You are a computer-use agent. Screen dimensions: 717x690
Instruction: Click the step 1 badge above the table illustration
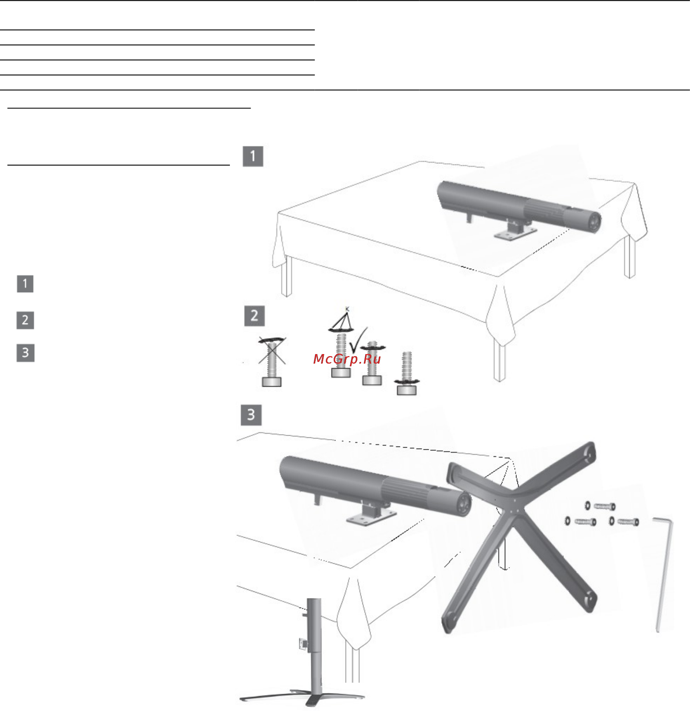pyautogui.click(x=253, y=157)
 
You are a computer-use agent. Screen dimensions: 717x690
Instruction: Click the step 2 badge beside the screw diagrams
pyautogui.click(x=254, y=316)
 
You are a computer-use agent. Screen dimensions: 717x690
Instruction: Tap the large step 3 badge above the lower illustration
pyautogui.click(x=251, y=415)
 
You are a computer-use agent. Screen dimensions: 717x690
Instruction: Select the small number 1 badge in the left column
pyautogui.click(x=25, y=284)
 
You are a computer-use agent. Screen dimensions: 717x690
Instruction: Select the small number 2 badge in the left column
pyautogui.click(x=25, y=321)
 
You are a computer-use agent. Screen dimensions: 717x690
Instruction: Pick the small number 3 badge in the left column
pyautogui.click(x=25, y=353)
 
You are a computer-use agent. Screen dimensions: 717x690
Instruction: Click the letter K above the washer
pyautogui.click(x=347, y=309)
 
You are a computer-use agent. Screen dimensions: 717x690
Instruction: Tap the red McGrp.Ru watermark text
pyautogui.click(x=347, y=359)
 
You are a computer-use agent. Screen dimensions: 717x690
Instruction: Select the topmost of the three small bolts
pyautogui.click(x=604, y=506)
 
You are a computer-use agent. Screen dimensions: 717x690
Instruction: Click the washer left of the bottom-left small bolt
pyautogui.click(x=568, y=521)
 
